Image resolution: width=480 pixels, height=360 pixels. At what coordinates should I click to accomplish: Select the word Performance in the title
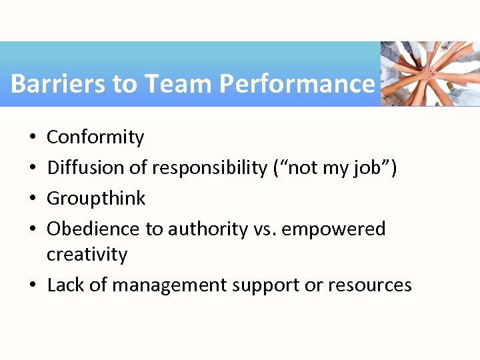tap(297, 84)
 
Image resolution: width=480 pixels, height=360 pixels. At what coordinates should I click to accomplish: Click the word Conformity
tap(95, 137)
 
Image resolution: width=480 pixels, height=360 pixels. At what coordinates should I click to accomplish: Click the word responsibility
tap(209, 168)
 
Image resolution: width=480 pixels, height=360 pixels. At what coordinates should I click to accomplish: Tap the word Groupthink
tap(96, 199)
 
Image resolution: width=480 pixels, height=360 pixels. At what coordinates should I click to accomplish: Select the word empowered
tap(334, 229)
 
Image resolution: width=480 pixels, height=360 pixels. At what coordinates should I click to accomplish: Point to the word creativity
tap(87, 255)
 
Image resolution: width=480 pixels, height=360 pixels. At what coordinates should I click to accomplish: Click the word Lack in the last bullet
tap(62, 285)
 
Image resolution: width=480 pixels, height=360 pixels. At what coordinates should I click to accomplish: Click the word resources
tap(369, 285)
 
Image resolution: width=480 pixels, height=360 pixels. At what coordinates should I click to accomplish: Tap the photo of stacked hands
tap(430, 73)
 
